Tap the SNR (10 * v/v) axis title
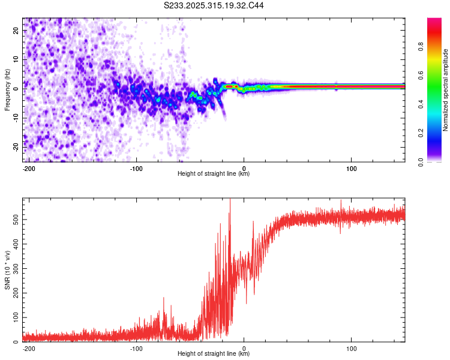7,270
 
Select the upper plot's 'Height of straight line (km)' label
214,174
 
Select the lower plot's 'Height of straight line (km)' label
214,354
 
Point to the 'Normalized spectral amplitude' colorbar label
445,90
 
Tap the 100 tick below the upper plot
352,168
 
